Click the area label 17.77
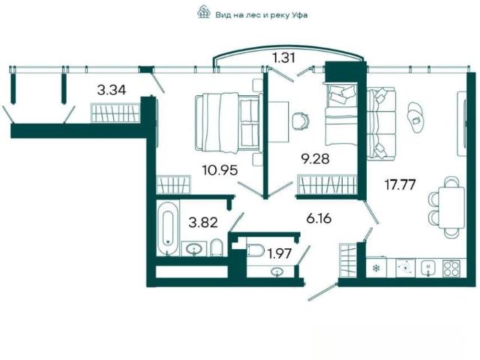(x=400, y=185)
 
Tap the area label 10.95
(x=220, y=170)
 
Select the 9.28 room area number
(x=315, y=159)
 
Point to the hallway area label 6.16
(x=319, y=218)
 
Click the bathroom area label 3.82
(x=203, y=223)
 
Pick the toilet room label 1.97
(x=279, y=253)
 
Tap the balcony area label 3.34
(x=112, y=90)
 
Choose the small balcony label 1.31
(x=285, y=57)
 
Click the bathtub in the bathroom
(x=167, y=228)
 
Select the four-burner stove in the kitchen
(x=451, y=268)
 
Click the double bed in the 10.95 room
(x=228, y=123)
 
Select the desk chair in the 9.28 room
(x=301, y=120)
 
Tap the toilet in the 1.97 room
(x=256, y=250)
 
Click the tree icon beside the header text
(x=203, y=13)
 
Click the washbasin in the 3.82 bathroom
(x=193, y=248)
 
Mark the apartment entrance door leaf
(x=323, y=292)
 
